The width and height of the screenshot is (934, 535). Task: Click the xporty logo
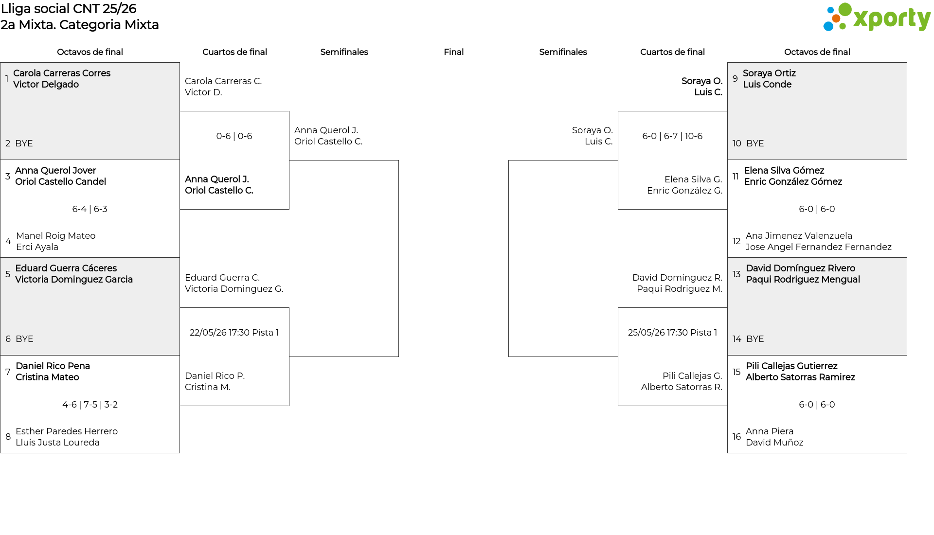[877, 18]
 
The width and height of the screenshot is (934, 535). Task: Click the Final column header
[453, 52]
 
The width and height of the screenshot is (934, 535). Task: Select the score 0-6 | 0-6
[234, 136]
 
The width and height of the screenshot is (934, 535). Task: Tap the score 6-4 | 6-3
[90, 209]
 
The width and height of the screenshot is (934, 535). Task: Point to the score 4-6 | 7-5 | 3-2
[90, 405]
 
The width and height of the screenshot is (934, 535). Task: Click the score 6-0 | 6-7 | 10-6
[672, 136]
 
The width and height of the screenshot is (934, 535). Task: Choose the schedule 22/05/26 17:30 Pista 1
[234, 333]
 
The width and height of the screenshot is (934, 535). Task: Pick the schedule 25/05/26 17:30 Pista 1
[672, 333]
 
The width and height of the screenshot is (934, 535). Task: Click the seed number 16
[736, 437]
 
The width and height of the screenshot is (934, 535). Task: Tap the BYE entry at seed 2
[24, 143]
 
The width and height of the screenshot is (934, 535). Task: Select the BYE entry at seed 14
[755, 339]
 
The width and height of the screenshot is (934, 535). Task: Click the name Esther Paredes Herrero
[67, 431]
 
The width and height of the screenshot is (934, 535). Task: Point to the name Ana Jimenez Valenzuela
[799, 236]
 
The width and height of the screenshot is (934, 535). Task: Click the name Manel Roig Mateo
[56, 236]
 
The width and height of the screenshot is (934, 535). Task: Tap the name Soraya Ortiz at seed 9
[769, 73]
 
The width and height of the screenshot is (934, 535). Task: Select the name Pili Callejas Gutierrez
[791, 366]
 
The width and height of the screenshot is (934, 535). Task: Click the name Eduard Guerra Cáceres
[66, 268]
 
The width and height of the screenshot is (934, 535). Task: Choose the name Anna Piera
[770, 431]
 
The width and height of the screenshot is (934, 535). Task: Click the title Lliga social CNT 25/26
[69, 9]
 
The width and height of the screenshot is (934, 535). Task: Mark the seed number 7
[8, 372]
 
